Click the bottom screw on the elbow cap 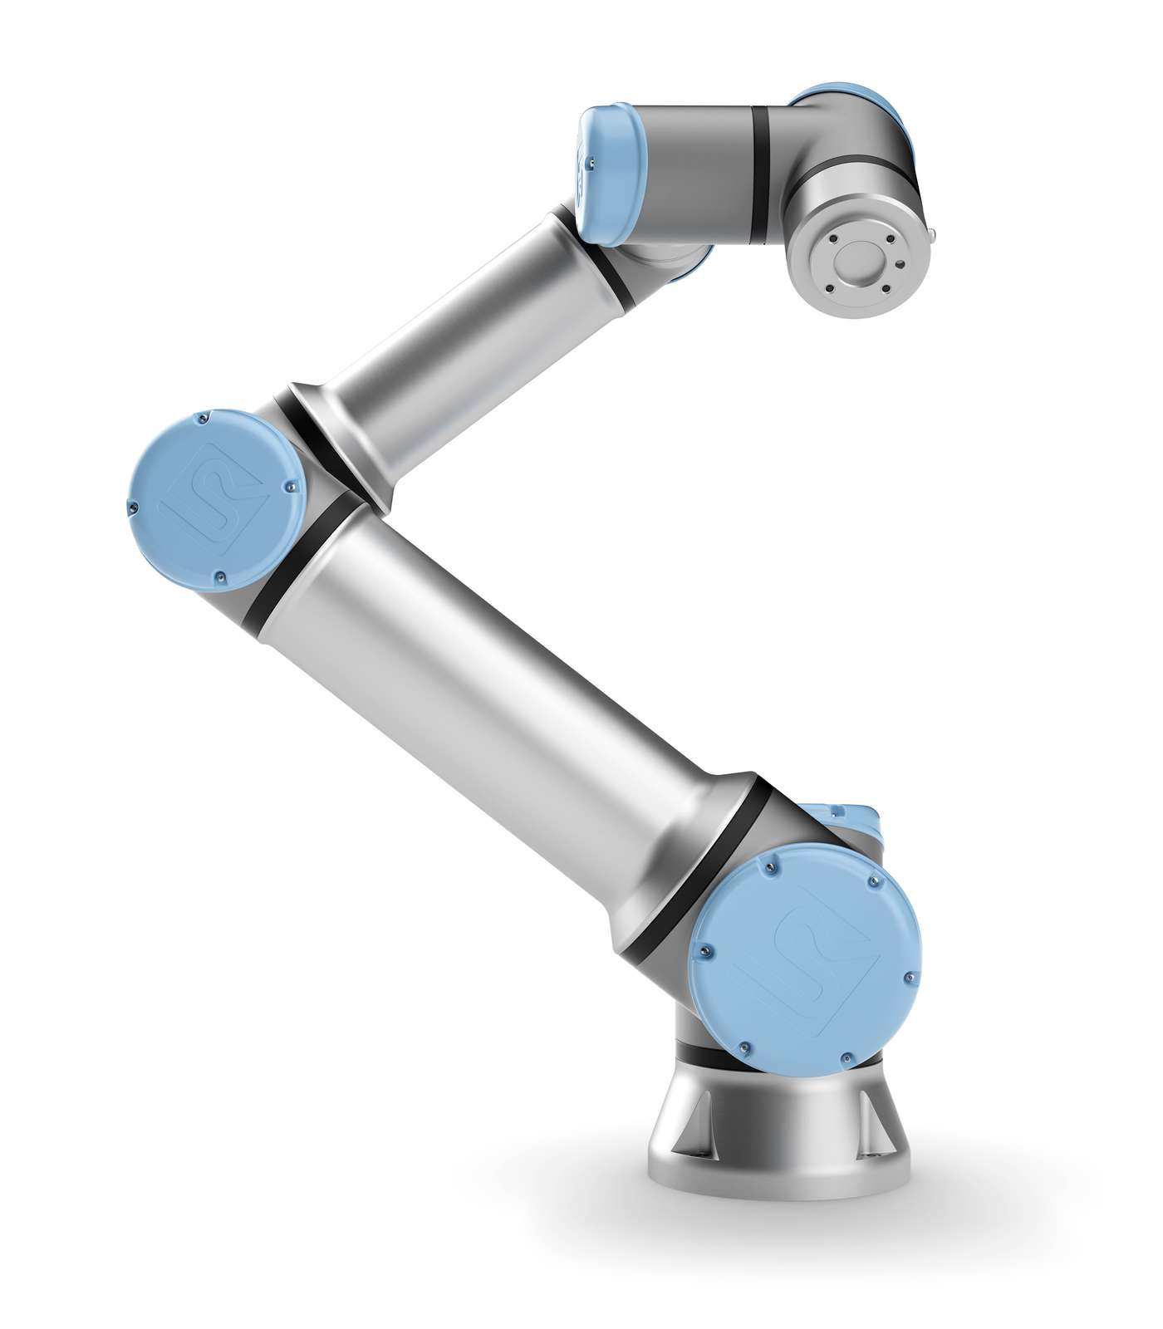click(220, 575)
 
